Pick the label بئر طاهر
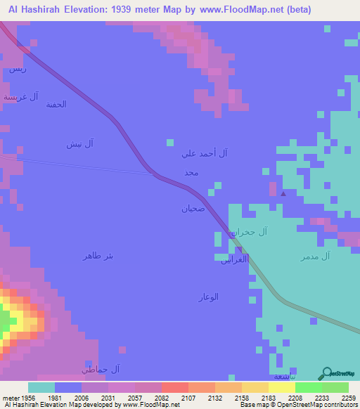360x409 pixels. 98,256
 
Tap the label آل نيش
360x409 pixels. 80,144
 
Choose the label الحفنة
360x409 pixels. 56,105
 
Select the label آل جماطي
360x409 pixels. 101,369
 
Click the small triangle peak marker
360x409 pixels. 283,193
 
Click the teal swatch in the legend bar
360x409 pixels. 41,387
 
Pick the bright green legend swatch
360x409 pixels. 308,387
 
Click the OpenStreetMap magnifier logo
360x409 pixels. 325,373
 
